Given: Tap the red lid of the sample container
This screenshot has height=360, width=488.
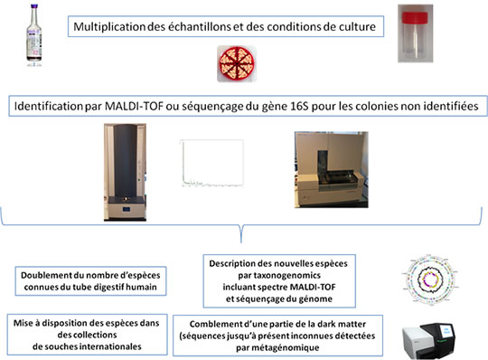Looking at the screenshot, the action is point(415,17).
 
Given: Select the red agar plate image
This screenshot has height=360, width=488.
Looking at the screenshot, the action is point(237,63).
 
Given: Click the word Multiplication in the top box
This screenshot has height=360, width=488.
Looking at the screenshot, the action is point(109,27).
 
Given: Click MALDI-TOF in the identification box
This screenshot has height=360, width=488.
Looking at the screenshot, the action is point(134,106).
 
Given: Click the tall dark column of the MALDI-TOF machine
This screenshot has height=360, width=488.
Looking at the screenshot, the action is point(125,160).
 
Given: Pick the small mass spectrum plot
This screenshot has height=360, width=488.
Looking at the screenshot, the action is point(212,164).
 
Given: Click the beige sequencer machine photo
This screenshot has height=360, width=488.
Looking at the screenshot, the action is point(332,169).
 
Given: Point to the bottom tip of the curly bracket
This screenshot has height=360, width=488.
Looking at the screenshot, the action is point(241,242).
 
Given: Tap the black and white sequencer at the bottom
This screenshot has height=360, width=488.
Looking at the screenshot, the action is point(428,341).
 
